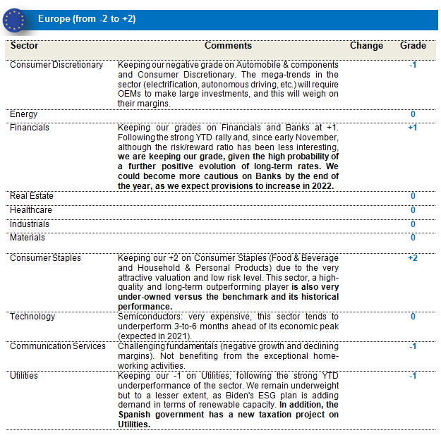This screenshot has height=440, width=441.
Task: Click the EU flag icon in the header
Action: coord(14,19)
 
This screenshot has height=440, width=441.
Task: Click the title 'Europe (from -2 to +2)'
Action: coord(87,19)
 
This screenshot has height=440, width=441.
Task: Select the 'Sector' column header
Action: coord(25,46)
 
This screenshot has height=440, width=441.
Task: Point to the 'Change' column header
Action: coord(367,46)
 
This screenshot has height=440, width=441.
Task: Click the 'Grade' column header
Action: coord(413,46)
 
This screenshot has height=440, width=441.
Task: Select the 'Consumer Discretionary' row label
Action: coord(56,65)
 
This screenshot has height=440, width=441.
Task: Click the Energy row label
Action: coord(24,114)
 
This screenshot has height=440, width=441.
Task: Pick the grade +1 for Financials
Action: coord(413,128)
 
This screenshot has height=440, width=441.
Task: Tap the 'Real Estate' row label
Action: coord(32,196)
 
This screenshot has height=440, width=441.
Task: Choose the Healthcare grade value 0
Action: coord(413,210)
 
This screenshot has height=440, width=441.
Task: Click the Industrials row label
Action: coord(30,224)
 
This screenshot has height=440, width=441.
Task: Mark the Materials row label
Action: coord(28,238)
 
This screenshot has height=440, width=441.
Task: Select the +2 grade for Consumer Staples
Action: coord(413,258)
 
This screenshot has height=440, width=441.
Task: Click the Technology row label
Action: coord(32,317)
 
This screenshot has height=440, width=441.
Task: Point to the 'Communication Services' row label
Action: coord(57,346)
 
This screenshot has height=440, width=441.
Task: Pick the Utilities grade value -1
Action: coord(413,376)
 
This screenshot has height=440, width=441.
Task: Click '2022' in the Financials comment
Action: coord(322,185)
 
